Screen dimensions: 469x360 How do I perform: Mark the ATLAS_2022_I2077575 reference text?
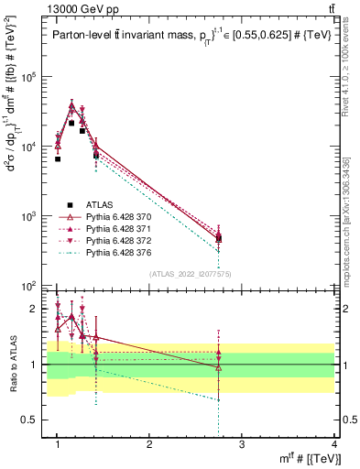coord(192,274)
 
